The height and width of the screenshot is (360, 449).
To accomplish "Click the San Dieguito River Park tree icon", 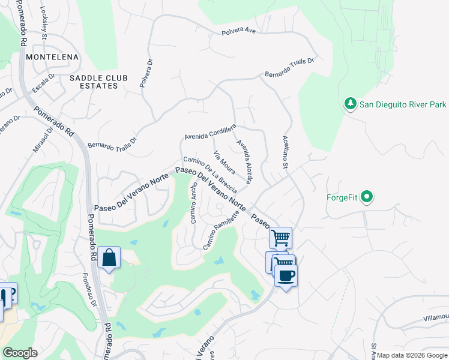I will (351, 104).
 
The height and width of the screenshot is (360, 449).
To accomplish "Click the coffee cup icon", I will (286, 275).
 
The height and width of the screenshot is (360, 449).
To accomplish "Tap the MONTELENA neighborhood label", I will (53, 56).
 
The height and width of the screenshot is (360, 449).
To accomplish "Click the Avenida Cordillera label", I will (211, 131).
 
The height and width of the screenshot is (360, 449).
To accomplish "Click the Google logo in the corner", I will (20, 353).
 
